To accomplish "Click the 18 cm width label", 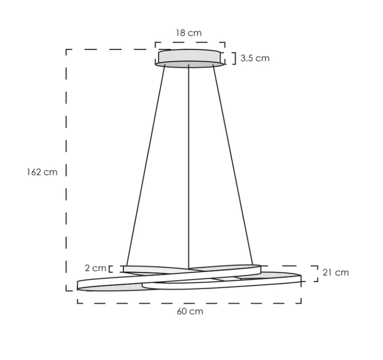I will (x=189, y=33).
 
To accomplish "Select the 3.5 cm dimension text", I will (x=255, y=58).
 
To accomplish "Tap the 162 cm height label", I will (x=42, y=172).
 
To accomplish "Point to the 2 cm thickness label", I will (x=96, y=268).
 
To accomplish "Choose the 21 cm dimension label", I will (x=335, y=272).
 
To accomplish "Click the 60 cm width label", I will (x=190, y=312).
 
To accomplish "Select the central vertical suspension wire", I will (x=189, y=166).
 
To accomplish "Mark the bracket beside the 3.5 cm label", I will (x=233, y=58).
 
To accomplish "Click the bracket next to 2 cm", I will (x=111, y=269).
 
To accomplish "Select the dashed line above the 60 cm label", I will (x=189, y=302).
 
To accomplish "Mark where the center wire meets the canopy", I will (x=189, y=68).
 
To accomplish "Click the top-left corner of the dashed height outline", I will (x=67, y=49).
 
